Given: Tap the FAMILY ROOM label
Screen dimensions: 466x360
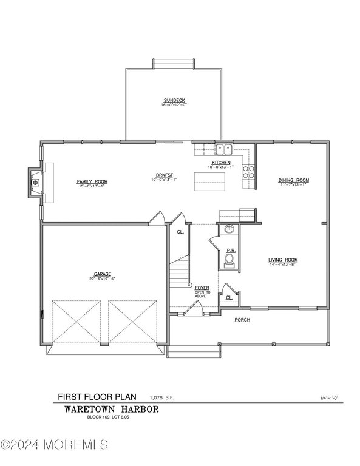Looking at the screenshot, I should [x=92, y=181].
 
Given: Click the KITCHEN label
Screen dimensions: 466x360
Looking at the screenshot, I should [x=220, y=163].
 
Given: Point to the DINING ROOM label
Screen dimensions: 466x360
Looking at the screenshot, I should [x=294, y=180].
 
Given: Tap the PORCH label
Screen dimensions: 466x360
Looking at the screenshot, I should [x=242, y=319].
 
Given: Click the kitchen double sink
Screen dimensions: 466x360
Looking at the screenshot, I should [x=223, y=148].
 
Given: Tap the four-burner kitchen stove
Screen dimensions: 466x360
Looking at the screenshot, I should [x=248, y=171].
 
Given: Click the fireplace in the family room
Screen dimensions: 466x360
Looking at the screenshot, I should [x=35, y=181].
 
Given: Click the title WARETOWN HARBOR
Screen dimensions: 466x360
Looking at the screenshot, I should [x=112, y=409].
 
